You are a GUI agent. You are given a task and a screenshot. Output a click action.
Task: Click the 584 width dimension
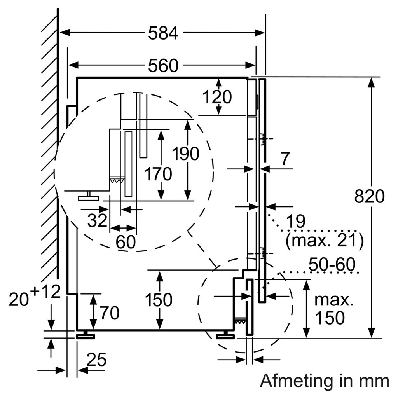pos(163,34)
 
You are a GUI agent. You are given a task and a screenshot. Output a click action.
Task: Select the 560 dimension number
pos(163,66)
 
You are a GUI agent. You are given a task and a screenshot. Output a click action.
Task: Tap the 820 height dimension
pos(369,197)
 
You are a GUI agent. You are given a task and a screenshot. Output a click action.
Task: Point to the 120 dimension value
pos(217,97)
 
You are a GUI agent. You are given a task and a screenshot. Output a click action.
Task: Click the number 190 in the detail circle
pos(186,154)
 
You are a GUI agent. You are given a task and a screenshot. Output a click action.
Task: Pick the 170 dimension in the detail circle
pos(158,174)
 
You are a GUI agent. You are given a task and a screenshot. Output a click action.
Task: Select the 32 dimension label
pos(97,221)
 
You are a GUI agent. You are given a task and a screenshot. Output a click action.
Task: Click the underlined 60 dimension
pos(126,242)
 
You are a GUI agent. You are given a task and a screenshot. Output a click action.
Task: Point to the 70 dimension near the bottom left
pos(110,313)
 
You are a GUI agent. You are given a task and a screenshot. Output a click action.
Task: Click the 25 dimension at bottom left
pos(96,361)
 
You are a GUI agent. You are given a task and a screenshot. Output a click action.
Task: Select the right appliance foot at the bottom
pos(225,335)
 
